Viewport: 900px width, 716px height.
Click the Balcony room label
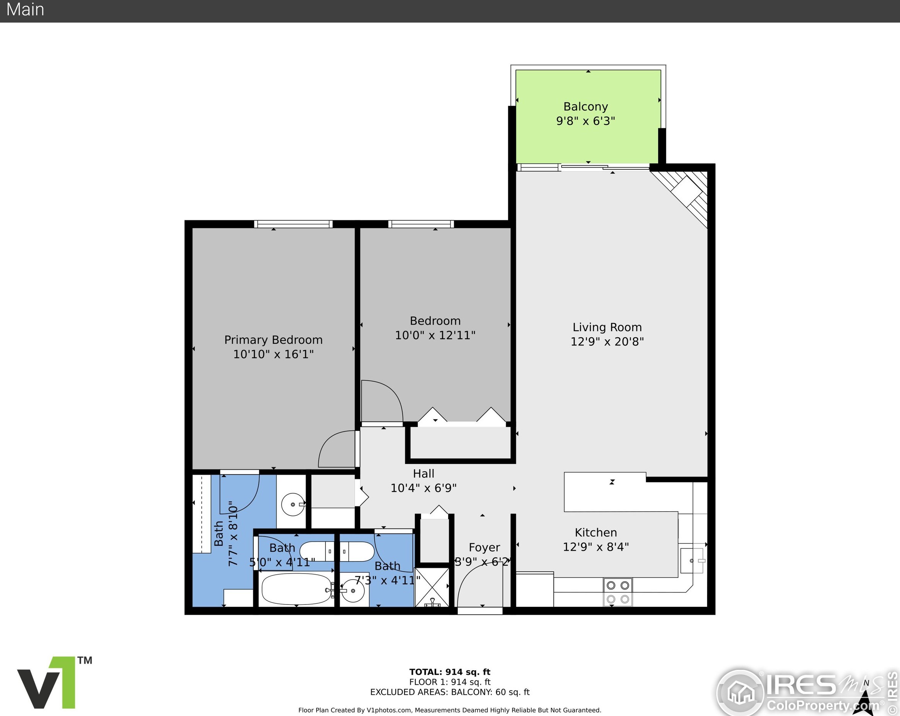click(585, 107)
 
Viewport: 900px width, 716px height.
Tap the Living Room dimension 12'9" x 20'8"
click(607, 342)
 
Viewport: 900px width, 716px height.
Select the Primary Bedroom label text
click(274, 340)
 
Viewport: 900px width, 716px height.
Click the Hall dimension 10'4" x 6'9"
click(423, 488)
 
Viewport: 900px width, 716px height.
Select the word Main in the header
click(26, 10)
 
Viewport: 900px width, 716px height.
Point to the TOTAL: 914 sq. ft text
click(450, 672)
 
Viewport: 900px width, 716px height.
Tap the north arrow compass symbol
click(865, 703)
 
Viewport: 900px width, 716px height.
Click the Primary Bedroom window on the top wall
click(293, 224)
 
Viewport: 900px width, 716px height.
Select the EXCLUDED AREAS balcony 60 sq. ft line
click(450, 692)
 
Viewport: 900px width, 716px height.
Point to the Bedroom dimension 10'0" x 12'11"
click(435, 335)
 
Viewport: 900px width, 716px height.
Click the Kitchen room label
click(596, 533)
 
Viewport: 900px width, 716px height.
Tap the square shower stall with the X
click(432, 587)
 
